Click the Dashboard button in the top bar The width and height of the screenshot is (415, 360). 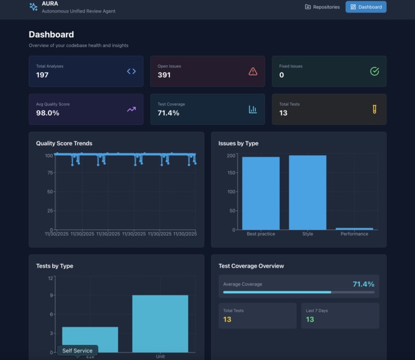(366, 7)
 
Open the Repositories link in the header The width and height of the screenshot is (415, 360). (322, 7)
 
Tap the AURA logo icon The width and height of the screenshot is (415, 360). (33, 7)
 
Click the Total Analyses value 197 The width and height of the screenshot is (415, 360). (42, 75)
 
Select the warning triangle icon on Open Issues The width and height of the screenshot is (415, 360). (253, 71)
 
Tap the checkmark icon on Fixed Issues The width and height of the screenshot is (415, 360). (374, 71)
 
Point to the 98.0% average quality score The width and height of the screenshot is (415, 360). (48, 113)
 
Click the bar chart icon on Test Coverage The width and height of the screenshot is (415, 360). (253, 109)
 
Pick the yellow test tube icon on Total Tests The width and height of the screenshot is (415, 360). (374, 109)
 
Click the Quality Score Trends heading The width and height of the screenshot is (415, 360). (64, 143)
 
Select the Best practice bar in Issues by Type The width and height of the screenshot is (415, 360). (261, 193)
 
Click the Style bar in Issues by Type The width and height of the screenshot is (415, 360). (307, 192)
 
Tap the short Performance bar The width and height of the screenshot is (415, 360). (354, 229)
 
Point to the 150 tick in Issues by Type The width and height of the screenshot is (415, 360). (231, 173)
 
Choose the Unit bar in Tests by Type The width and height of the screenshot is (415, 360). (160, 324)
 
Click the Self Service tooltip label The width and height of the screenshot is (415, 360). (77, 351)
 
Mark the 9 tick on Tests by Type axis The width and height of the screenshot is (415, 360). (52, 295)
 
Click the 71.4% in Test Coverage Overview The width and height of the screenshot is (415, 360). (363, 284)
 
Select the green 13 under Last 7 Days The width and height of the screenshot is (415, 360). (310, 320)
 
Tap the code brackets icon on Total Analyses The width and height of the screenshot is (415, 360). (131, 71)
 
